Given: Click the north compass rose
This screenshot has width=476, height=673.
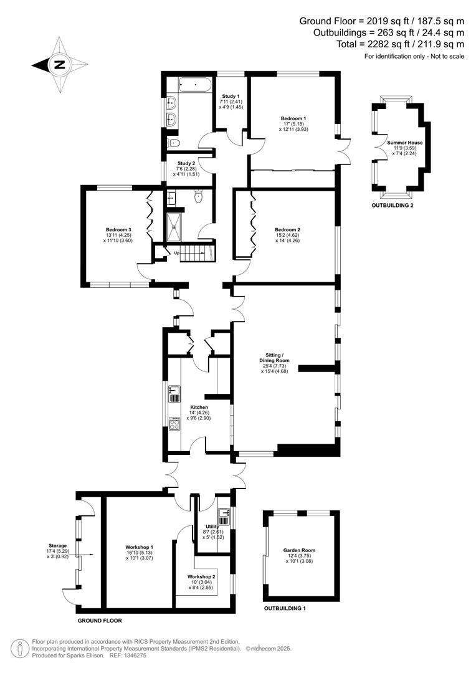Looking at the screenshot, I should click(x=59, y=64).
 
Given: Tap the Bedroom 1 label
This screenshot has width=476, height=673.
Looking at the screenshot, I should click(x=293, y=118).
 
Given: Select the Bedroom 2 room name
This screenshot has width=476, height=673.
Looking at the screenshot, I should click(x=287, y=229).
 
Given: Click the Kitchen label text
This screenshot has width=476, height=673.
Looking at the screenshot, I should click(x=199, y=408).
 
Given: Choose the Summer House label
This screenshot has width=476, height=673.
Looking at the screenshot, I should click(x=404, y=143).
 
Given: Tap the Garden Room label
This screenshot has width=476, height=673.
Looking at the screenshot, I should click(x=299, y=550).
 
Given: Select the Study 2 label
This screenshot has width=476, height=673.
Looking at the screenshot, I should click(x=186, y=163).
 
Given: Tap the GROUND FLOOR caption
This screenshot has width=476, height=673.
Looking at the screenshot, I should click(x=100, y=621).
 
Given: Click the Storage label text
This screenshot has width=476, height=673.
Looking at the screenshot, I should click(x=58, y=545).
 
